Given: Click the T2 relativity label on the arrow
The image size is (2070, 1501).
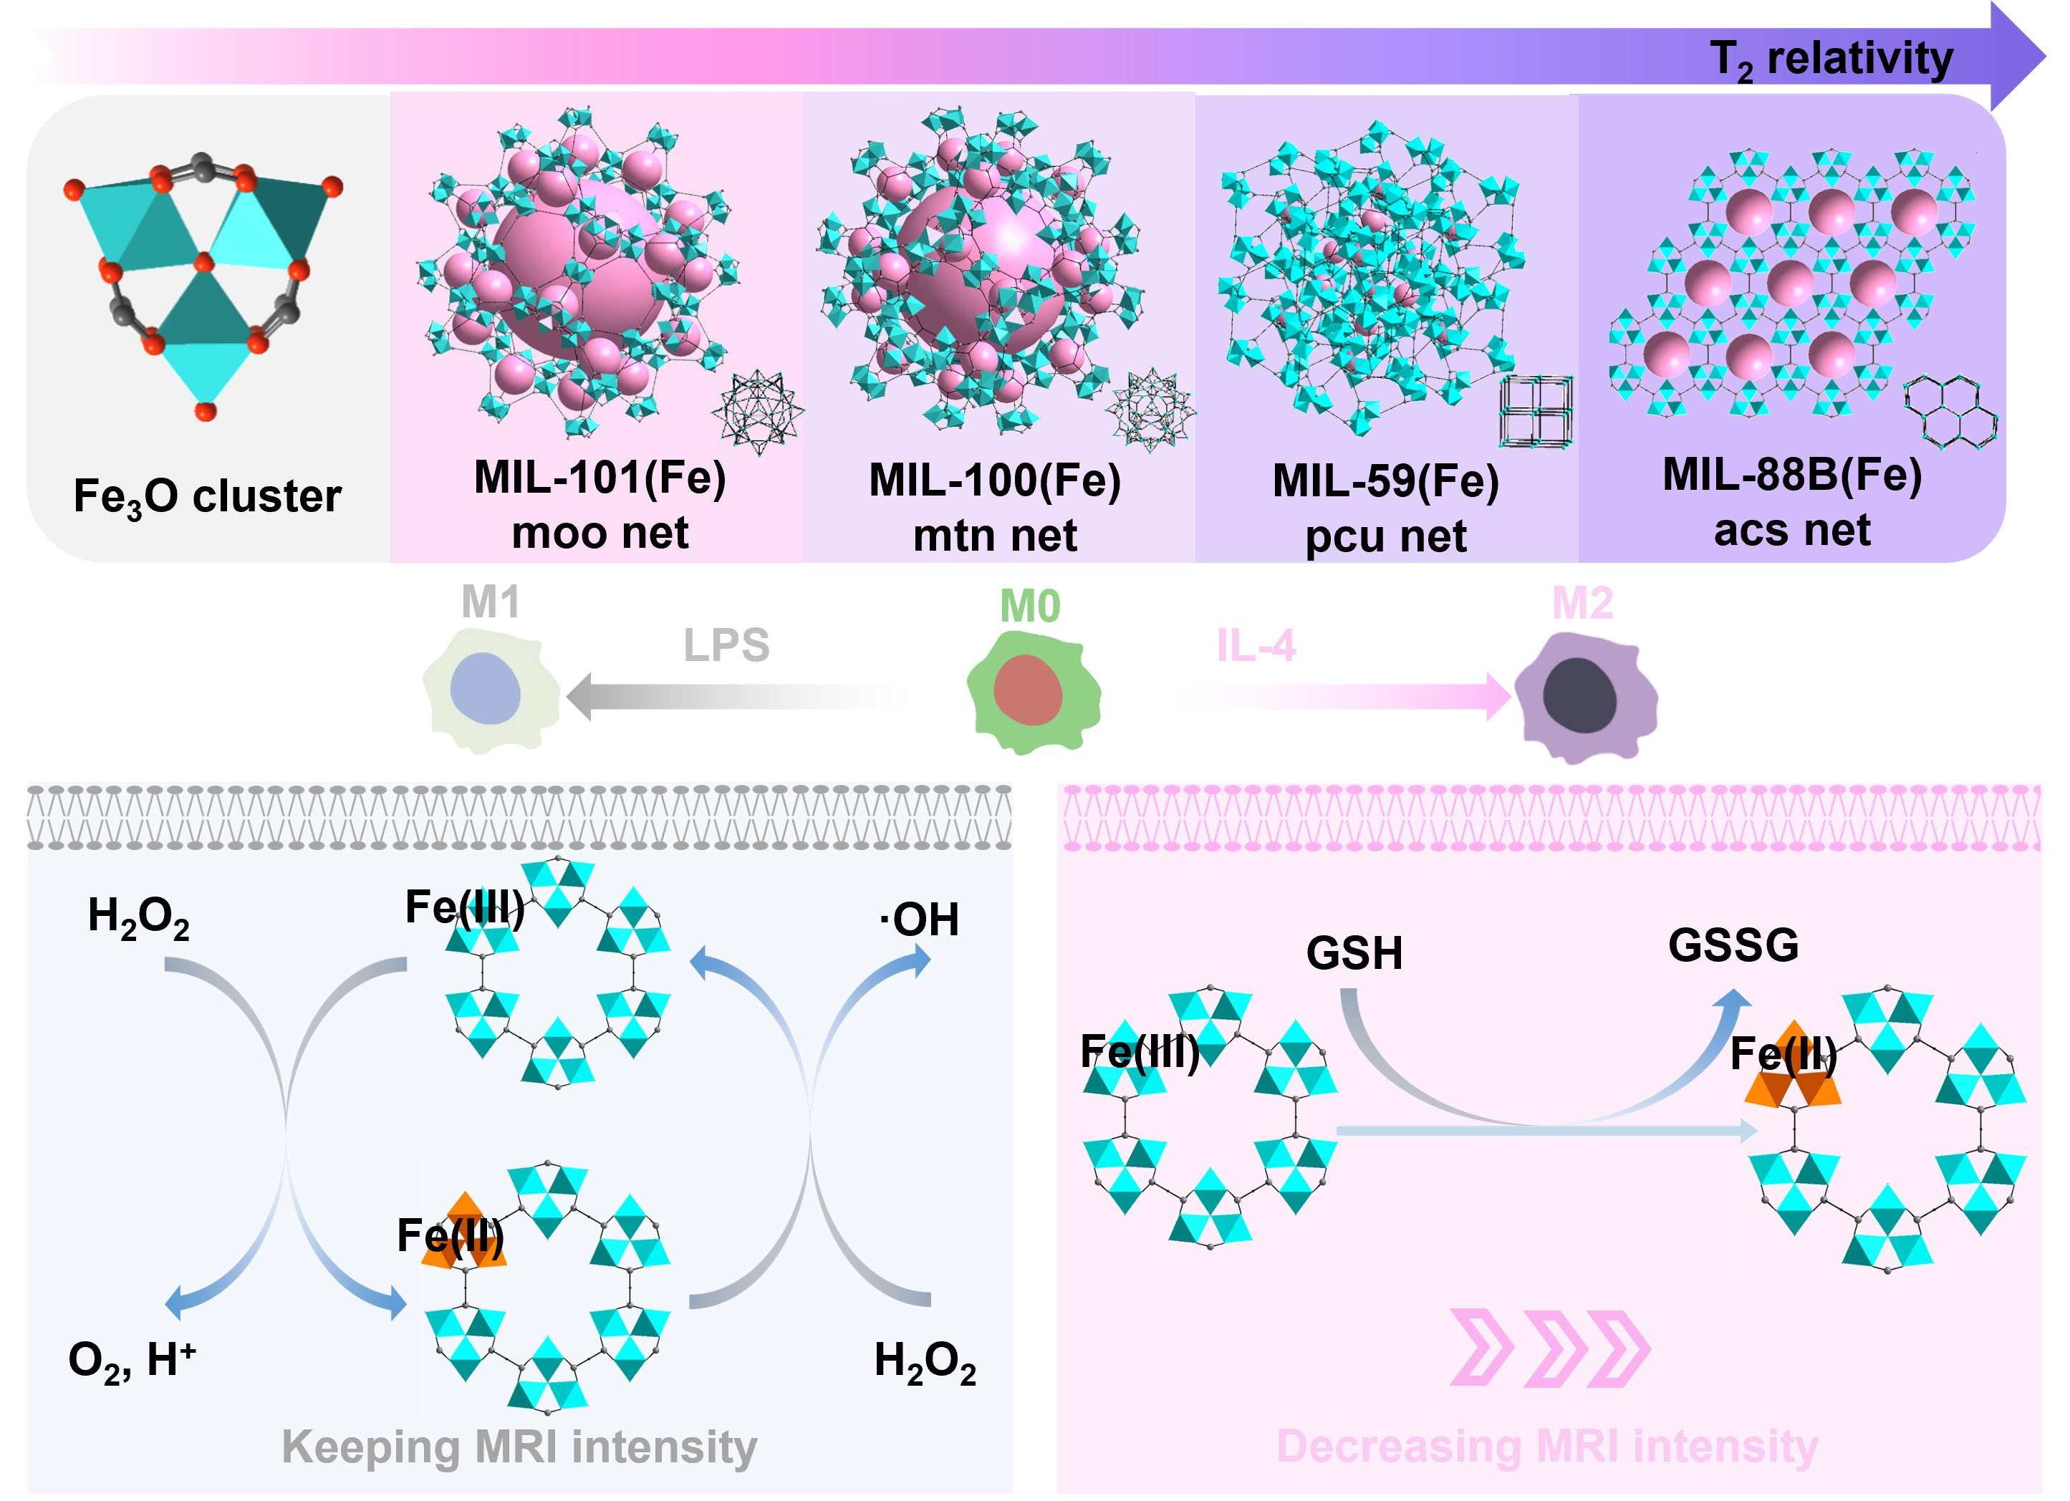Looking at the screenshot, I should pos(1831,59).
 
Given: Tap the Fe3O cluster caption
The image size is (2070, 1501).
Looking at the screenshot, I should pos(207,497).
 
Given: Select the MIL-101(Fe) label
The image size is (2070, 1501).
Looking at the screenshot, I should pos(600,477).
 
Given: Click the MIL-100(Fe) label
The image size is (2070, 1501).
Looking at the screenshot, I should pos(994,480).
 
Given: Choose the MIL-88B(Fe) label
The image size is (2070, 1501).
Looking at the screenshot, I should pos(1791,475).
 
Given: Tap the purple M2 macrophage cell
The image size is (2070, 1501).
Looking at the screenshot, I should pos(1584,698).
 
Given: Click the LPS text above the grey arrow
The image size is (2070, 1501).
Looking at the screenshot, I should pos(726,645).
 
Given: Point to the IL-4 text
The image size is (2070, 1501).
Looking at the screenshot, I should pos(1256,646).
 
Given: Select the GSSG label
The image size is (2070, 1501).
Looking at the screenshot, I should pos(1733,945).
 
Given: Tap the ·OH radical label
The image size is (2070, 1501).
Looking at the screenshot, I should pos(919,920).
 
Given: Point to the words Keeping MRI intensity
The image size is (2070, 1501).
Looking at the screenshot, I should pos(519,1447).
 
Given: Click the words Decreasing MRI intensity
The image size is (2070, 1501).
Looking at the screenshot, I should pos(1547,1447).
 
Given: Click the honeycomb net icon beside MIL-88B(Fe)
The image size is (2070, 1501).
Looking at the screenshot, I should pos(1950,412).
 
